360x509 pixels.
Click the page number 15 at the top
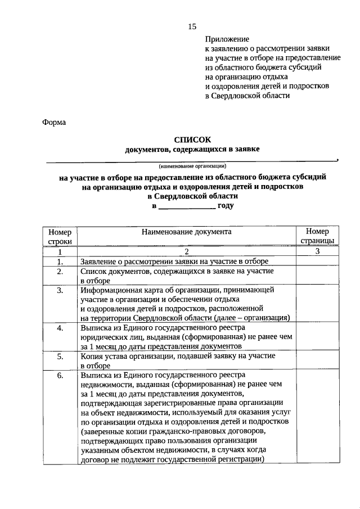pyautogui.click(x=192, y=26)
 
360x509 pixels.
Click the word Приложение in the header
pyautogui.click(x=226, y=39)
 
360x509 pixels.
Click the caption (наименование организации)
pyautogui.click(x=192, y=166)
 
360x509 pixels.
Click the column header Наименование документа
pyautogui.click(x=186, y=231)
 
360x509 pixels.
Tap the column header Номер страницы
pyautogui.click(x=317, y=236)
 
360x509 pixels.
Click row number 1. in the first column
pyautogui.click(x=60, y=262)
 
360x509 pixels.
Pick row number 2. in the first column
pyautogui.click(x=60, y=271)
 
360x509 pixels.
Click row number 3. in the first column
pyautogui.click(x=60, y=290)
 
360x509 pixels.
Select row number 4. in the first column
pyautogui.click(x=60, y=328)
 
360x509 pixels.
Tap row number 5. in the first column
pyautogui.click(x=60, y=357)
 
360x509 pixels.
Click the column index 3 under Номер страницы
pyautogui.click(x=317, y=251)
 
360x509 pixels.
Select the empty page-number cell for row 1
pyautogui.click(x=317, y=262)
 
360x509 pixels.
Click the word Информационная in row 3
pyautogui.click(x=110, y=290)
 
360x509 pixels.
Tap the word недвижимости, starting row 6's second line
pyautogui.click(x=105, y=385)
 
